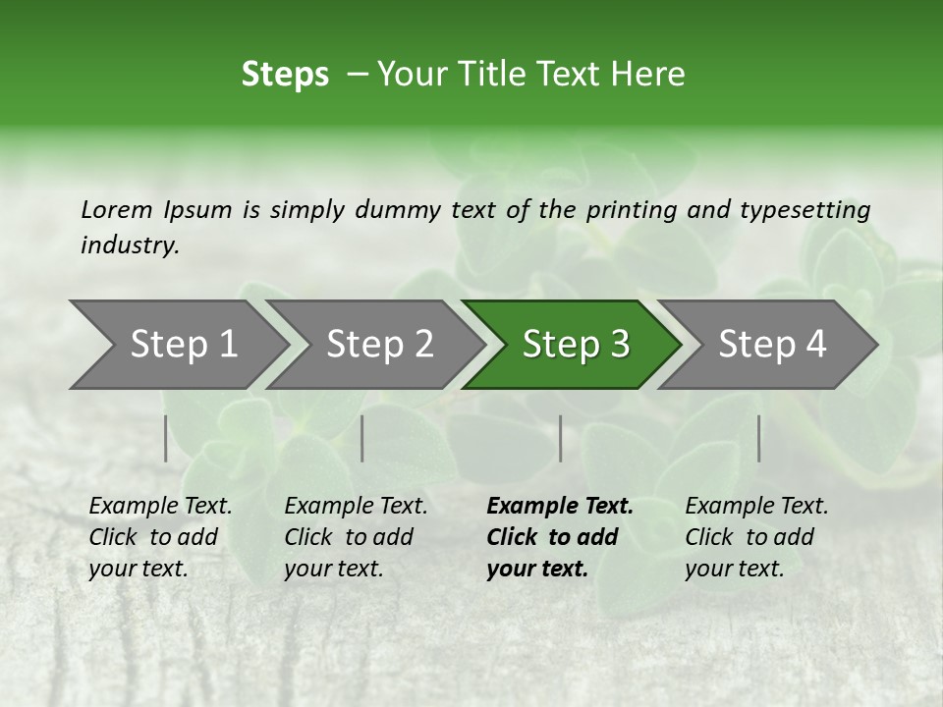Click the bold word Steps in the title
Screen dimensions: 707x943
(285, 75)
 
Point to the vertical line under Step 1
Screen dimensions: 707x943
(166, 438)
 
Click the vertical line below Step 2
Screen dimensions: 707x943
(362, 438)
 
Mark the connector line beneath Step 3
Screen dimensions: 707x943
(561, 438)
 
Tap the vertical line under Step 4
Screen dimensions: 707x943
(759, 438)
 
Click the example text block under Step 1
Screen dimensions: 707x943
(160, 537)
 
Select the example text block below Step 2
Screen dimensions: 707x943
(356, 537)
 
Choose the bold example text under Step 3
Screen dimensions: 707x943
(559, 537)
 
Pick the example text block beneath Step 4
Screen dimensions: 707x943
(756, 537)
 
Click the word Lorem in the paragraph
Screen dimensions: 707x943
(117, 210)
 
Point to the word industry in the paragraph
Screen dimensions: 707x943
(129, 245)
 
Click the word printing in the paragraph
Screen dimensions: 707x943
(632, 210)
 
